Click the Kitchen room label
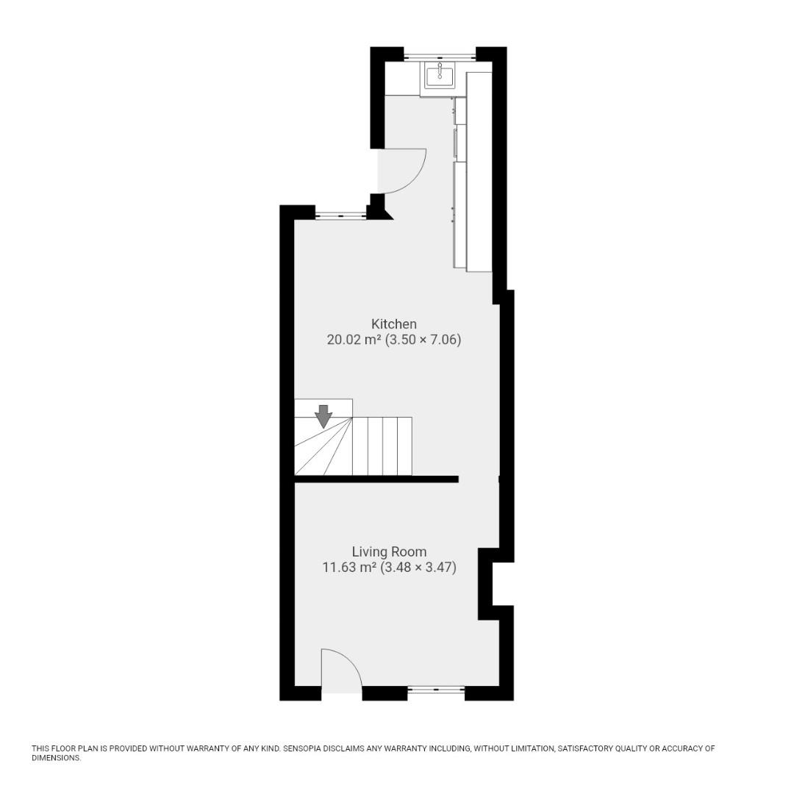[x=393, y=323]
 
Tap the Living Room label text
[x=388, y=551]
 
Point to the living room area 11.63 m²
[x=349, y=568]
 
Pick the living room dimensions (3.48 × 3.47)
[x=418, y=568]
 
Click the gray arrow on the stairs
[x=323, y=416]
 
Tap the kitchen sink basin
[x=440, y=76]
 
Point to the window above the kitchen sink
[x=440, y=55]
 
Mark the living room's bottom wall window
[x=436, y=690]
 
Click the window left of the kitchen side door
[x=340, y=215]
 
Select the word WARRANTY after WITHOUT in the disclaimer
[x=210, y=748]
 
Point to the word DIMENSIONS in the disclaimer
[x=55, y=758]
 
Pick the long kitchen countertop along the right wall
[x=479, y=171]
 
